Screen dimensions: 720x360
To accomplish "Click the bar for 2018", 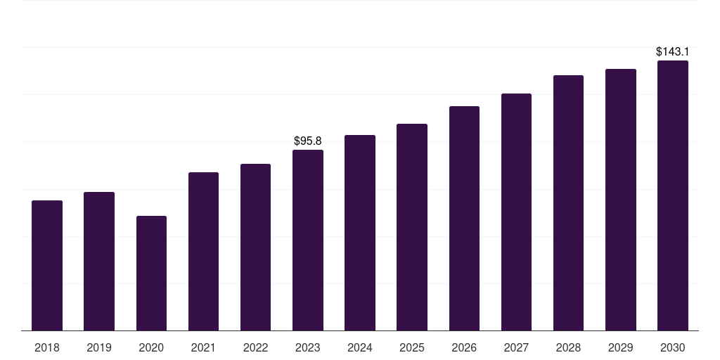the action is pos(47,265).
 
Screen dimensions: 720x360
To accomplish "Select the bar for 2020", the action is pos(152,274).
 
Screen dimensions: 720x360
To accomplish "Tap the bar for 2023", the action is pos(308,240).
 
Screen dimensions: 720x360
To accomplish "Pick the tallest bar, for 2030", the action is pos(673,195).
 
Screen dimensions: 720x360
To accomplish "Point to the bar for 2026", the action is pos(464,219).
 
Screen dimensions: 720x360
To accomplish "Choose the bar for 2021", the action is pos(203,252).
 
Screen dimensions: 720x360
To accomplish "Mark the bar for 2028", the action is pos(568,203).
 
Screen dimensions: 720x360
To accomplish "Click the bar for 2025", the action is pos(412,227).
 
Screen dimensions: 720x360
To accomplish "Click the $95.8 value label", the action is pos(308,141).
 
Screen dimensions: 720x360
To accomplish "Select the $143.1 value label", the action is pos(673,52).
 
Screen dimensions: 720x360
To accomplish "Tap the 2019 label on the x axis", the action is pos(99,348).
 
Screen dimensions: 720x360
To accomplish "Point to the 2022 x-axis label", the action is pos(255,348).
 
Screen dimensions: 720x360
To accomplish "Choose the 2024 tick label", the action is pos(359,348).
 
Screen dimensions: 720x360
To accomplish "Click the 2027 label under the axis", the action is pos(516,348).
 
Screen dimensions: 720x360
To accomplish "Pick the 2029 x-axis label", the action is pos(620,348).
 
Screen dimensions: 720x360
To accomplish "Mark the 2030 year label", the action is pos(673,348).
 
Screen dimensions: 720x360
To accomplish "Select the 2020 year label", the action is pos(151,348).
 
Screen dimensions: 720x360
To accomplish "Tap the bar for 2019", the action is pos(99,262).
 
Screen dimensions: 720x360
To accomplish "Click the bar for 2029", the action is pos(621,200).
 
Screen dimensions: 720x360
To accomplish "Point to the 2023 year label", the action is pos(308,348).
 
